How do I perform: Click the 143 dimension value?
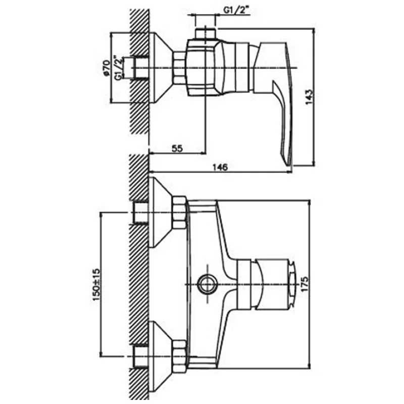pyautogui.click(x=309, y=96)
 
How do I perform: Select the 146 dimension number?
pyautogui.click(x=220, y=167)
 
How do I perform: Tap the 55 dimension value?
pyautogui.click(x=177, y=148)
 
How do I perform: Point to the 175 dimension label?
pyautogui.click(x=305, y=284)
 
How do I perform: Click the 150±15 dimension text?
pyautogui.click(x=95, y=284)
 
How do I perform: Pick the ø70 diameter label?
pyautogui.click(x=106, y=68)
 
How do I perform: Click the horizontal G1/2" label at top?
pyautogui.click(x=236, y=10)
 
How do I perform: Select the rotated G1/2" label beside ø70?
pyautogui.click(x=119, y=68)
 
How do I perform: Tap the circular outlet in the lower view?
pyautogui.click(x=208, y=284)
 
